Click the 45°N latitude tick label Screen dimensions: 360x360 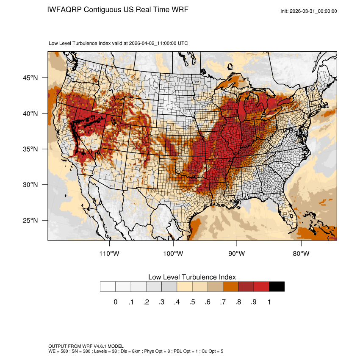(x=30, y=78)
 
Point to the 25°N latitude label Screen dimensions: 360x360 (x=30, y=220)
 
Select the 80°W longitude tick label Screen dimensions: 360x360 (x=301, y=254)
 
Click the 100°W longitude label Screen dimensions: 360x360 (x=173, y=254)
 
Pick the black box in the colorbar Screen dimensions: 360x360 (x=277, y=287)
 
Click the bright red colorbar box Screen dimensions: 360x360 (x=261, y=287)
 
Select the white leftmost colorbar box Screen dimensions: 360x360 (x=108, y=287)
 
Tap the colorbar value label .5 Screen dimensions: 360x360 (x=192, y=302)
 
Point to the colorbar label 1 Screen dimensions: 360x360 (x=269, y=302)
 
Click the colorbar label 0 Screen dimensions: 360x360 (x=115, y=302)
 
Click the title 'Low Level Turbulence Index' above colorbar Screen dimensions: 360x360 (x=192, y=277)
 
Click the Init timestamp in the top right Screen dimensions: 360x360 (x=309, y=11)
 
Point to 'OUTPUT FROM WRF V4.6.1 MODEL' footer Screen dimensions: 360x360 (x=86, y=346)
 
